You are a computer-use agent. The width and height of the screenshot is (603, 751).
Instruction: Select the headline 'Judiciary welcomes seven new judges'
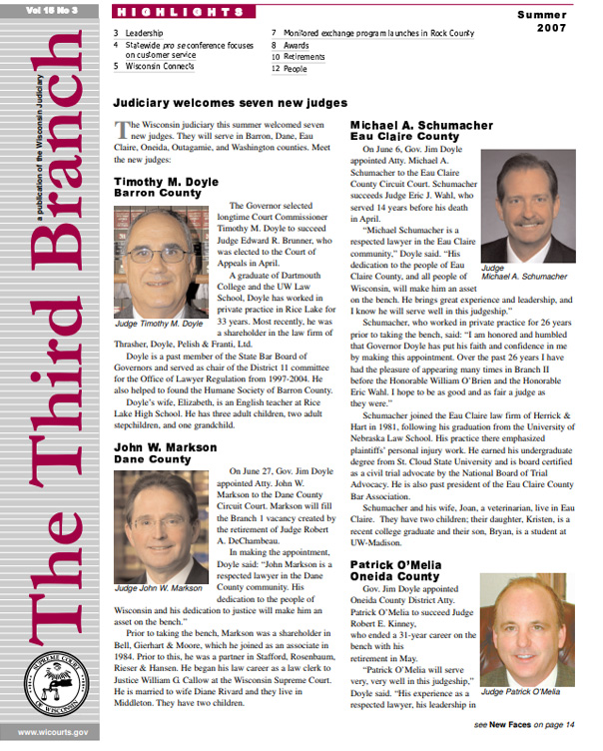(231, 103)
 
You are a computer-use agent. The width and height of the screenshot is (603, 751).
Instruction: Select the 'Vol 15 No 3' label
(52, 8)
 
